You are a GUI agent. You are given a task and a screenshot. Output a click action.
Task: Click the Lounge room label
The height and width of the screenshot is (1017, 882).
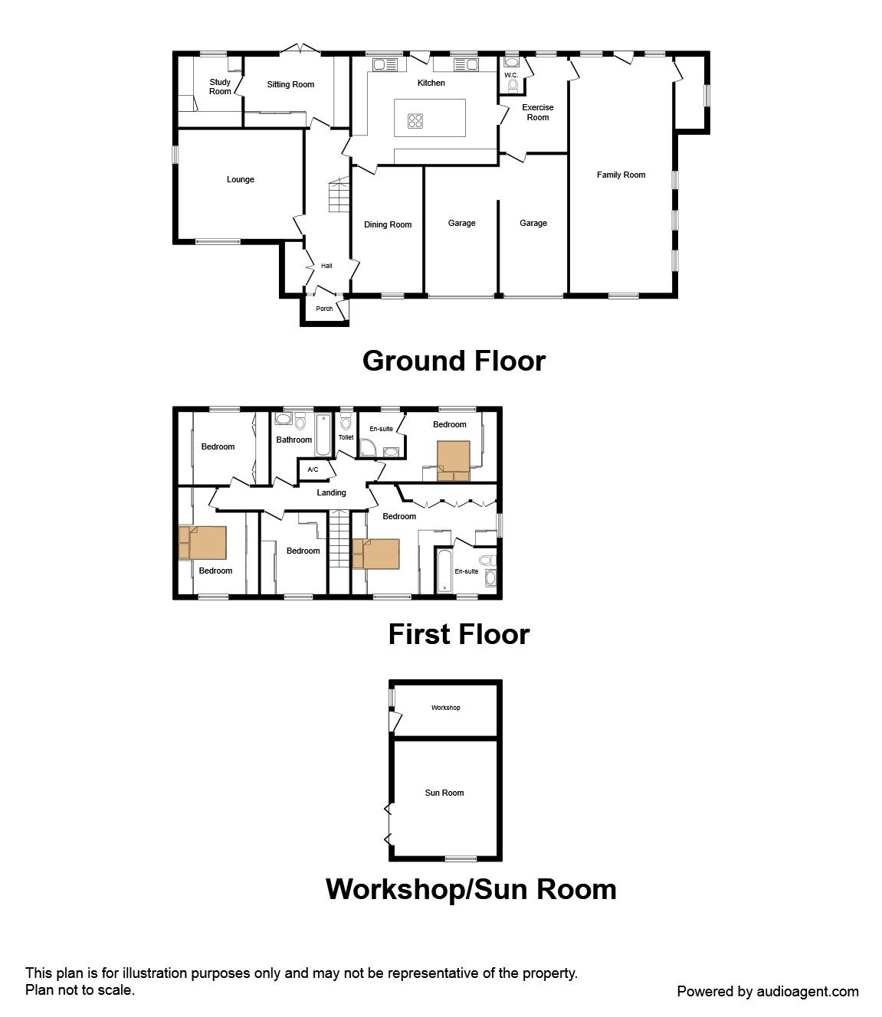click(241, 180)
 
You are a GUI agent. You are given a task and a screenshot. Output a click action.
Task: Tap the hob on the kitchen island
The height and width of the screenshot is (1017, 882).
click(415, 120)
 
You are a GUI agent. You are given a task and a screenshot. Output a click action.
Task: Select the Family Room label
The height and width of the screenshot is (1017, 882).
click(621, 175)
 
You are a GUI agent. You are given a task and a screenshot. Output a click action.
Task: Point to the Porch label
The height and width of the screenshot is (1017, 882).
click(324, 309)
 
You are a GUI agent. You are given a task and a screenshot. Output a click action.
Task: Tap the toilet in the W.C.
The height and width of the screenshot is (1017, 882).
click(513, 86)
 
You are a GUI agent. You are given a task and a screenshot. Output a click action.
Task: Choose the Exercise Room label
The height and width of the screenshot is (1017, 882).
click(538, 112)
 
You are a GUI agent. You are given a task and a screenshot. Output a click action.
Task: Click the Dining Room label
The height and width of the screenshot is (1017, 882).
click(388, 225)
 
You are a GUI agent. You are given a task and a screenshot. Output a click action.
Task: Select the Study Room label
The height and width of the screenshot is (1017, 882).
click(220, 87)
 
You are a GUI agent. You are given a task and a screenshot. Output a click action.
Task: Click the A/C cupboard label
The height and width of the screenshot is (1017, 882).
click(313, 469)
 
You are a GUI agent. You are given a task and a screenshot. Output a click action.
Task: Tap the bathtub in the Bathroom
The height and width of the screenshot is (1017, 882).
click(323, 435)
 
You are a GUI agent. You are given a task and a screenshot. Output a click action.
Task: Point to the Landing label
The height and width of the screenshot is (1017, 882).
click(331, 492)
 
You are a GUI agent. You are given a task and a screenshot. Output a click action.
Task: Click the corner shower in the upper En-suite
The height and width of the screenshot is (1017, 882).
click(367, 448)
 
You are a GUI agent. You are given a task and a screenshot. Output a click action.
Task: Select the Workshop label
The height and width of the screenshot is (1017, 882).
click(446, 708)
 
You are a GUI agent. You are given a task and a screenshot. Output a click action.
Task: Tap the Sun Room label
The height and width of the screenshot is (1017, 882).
click(444, 793)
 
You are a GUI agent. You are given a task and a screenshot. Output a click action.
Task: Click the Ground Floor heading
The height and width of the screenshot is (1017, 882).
click(454, 361)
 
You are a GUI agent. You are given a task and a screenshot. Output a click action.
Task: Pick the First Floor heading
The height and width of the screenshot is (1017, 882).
click(459, 634)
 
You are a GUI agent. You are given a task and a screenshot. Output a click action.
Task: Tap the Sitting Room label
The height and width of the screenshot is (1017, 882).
click(290, 85)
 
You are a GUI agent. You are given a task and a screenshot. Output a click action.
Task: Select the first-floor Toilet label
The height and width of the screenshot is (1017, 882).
click(346, 437)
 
